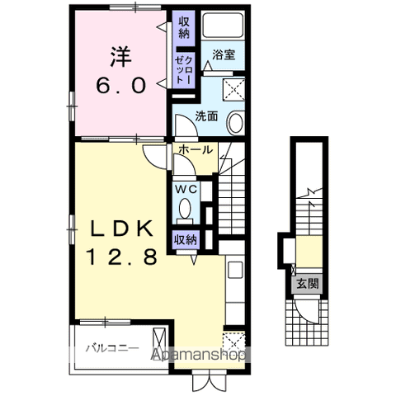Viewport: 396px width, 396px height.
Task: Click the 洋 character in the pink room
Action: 121,57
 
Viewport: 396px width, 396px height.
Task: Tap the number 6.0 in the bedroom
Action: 121,85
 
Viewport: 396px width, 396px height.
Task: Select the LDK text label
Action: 122,229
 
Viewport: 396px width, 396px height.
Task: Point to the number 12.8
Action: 122,257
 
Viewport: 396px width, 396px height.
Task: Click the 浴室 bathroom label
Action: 224,54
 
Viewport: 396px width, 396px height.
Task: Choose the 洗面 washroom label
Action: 206,116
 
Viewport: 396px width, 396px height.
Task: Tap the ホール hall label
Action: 196,150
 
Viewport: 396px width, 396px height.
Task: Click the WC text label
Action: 186,190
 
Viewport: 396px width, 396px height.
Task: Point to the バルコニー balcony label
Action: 112,349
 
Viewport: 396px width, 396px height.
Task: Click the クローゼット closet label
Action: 184,68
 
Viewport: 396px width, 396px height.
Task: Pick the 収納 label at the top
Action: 184,27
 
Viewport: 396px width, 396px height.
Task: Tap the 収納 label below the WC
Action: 186,240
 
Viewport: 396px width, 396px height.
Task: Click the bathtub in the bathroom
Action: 223,25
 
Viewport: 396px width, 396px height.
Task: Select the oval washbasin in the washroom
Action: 236,123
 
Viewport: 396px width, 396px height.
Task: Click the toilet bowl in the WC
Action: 185,208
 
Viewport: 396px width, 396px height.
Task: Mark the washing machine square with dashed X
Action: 233,89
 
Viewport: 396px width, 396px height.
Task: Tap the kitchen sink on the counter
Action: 235,270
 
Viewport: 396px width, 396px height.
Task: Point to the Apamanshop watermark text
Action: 199,356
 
